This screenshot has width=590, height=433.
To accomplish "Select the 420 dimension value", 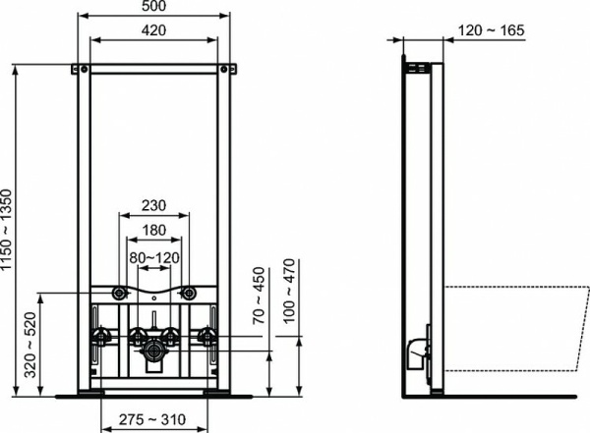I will tap(153, 31).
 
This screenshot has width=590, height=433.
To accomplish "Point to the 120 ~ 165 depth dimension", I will tap(491, 31).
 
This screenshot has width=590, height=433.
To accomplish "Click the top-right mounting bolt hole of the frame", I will tap(226, 69).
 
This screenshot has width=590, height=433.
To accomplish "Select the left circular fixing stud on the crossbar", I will tap(119, 293).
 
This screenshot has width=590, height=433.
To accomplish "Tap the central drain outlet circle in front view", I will tap(153, 349).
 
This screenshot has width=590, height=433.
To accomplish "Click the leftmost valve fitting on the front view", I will tap(99, 338).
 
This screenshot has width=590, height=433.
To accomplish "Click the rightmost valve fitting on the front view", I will tap(207, 338).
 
